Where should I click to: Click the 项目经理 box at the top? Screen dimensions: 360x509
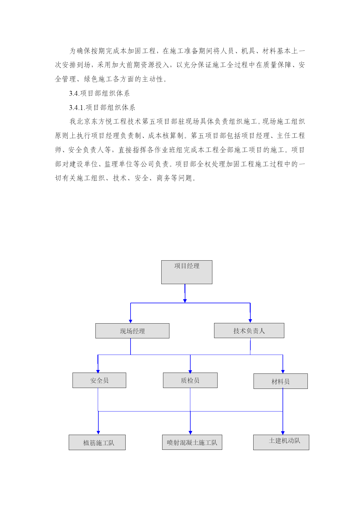click(187, 272)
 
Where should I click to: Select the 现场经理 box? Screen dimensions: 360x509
click(132, 331)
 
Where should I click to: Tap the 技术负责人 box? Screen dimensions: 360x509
click(249, 331)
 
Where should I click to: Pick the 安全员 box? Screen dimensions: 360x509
click(99, 380)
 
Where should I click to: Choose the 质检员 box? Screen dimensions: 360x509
click(190, 380)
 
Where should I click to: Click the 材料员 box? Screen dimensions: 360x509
click(281, 381)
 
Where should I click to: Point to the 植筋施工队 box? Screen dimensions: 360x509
click(97, 442)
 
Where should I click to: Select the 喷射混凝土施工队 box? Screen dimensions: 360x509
click(192, 442)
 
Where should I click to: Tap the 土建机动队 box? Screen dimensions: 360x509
click(281, 442)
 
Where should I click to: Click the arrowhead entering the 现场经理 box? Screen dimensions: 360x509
click(131, 321)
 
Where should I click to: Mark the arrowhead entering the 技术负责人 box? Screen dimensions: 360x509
click(250, 321)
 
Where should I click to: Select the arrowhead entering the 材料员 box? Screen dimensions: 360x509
click(283, 372)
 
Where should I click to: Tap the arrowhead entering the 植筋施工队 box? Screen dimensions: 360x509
click(98, 433)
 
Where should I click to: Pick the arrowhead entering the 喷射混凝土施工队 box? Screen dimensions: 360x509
click(190, 433)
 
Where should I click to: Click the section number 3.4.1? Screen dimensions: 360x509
click(77, 108)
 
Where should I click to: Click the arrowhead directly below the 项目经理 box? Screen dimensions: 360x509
click(185, 301)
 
